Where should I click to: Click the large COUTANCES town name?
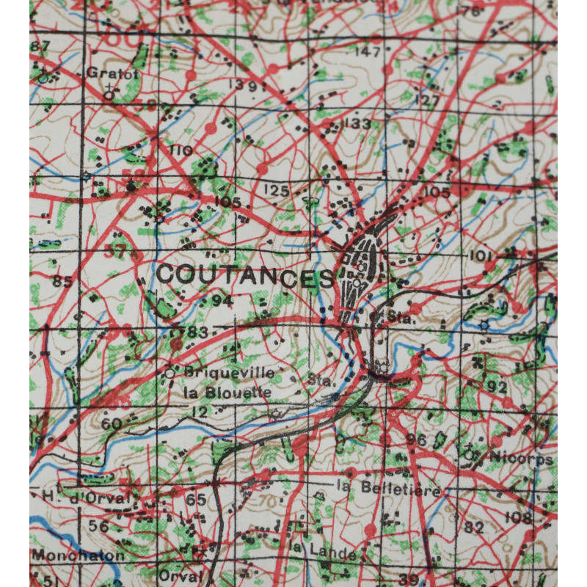tap(246, 276)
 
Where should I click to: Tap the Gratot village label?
tap(102, 73)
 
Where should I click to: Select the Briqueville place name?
tap(230, 373)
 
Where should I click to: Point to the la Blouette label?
tap(227, 393)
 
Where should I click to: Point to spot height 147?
tap(368, 52)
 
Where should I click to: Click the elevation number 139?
tap(242, 87)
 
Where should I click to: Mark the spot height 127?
tap(427, 101)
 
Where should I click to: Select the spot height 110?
tap(181, 151)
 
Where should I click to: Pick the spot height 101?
tap(479, 255)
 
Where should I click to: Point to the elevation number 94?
tap(222, 301)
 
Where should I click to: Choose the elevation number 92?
tap(497, 387)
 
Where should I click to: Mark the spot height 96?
tap(416, 440)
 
